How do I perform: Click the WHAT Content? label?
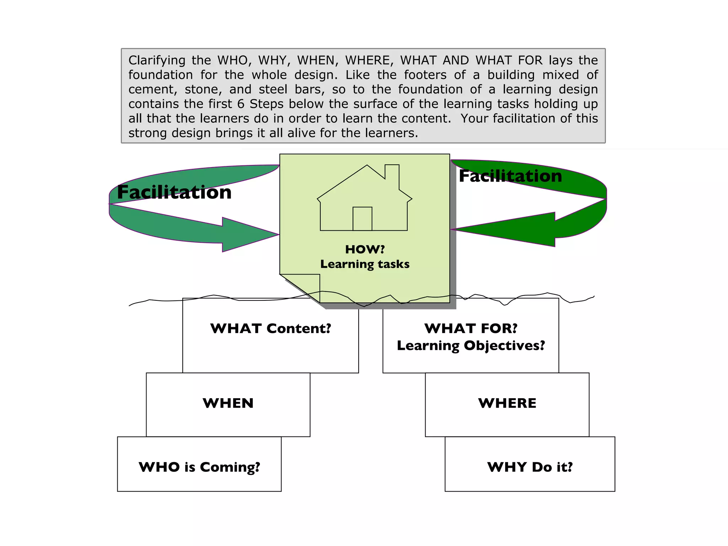tap(271, 328)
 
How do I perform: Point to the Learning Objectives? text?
tap(471, 346)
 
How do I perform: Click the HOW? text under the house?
tap(365, 249)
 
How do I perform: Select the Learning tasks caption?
tap(365, 264)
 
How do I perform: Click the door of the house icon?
tap(362, 219)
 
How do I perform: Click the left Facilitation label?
tap(174, 192)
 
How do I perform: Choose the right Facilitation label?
tap(510, 176)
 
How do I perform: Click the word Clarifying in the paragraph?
tap(157, 60)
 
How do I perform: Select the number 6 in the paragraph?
tap(241, 104)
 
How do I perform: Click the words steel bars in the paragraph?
tap(291, 89)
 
